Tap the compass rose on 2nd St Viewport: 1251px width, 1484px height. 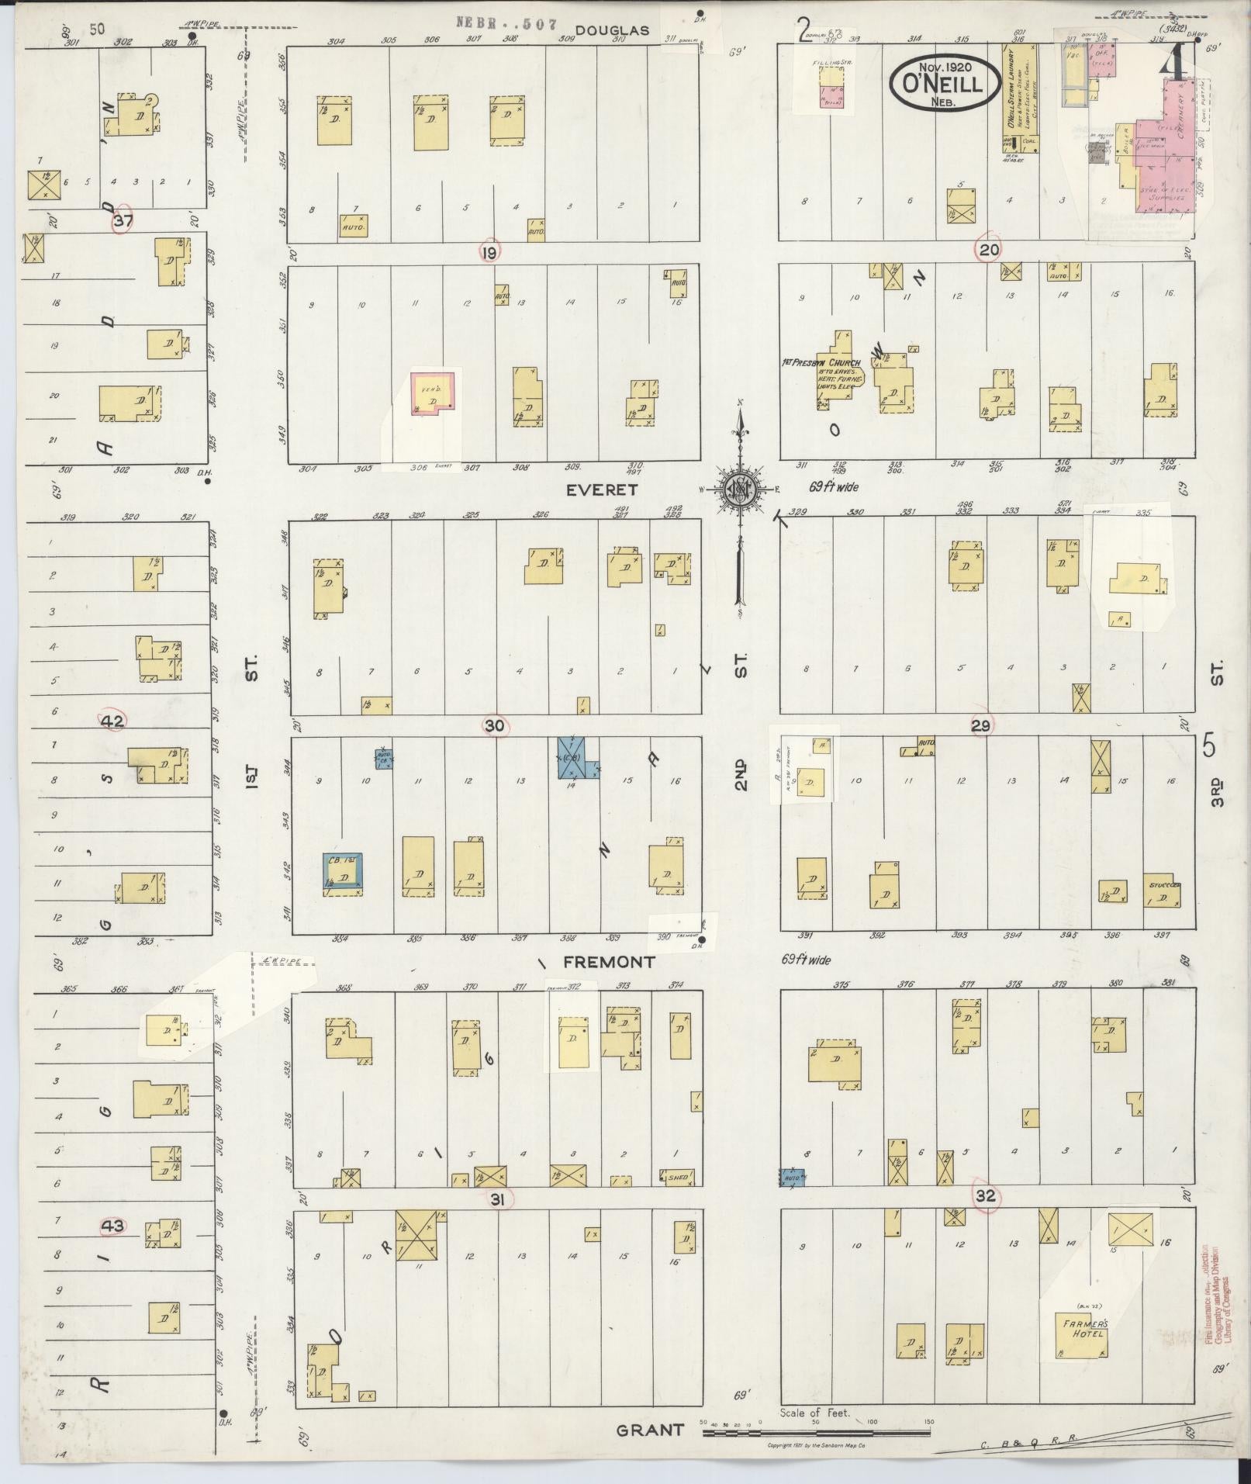pos(741,489)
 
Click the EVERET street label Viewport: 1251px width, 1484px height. pos(601,490)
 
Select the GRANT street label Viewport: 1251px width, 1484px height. pos(650,1430)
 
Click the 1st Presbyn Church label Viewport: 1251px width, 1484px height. pos(822,362)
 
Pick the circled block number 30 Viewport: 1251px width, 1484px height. pos(495,726)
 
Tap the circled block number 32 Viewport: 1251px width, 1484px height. pos(985,1218)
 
